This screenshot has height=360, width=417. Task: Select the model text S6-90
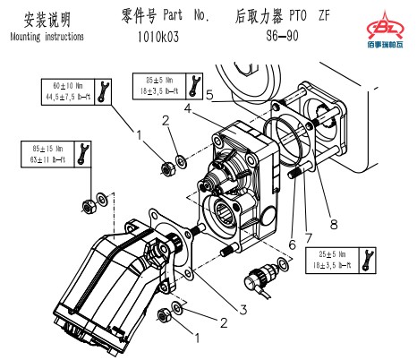click(285, 39)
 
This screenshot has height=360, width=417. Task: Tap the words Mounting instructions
click(47, 38)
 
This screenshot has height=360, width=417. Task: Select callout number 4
click(188, 108)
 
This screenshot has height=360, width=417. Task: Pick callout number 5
click(208, 93)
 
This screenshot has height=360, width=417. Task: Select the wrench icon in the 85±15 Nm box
click(85, 153)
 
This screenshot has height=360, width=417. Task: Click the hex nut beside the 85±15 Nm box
click(89, 206)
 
